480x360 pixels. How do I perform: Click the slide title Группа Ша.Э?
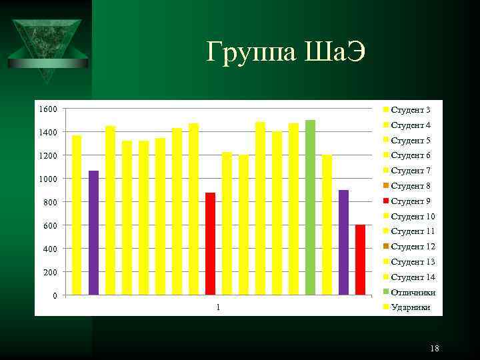tap(286, 51)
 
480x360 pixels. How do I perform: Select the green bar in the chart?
tap(310, 207)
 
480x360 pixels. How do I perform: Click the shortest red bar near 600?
tap(360, 260)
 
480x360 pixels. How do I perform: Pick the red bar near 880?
tap(210, 243)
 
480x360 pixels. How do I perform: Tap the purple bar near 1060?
tap(93, 233)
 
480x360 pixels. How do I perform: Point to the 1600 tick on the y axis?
tap(47, 109)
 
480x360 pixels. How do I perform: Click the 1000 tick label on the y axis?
tap(47, 179)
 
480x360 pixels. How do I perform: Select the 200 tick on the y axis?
tap(49, 272)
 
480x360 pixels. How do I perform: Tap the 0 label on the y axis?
tap(54, 295)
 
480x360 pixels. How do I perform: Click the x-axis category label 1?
tap(218, 307)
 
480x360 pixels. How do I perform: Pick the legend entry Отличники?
tap(413, 292)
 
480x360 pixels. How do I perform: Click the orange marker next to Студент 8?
tap(385, 186)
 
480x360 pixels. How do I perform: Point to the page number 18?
tap(435, 348)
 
